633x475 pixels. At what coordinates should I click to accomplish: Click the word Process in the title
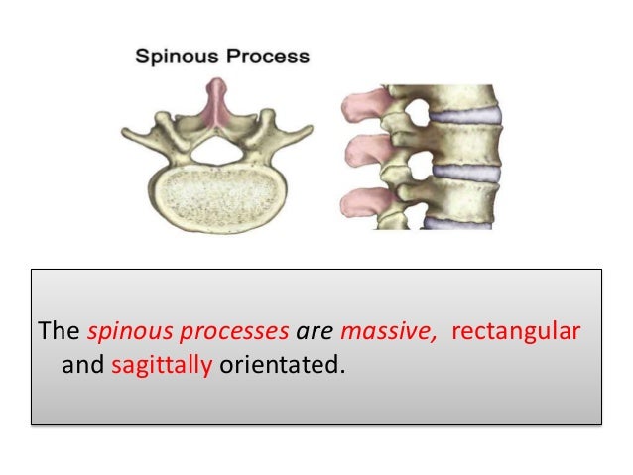(266, 57)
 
